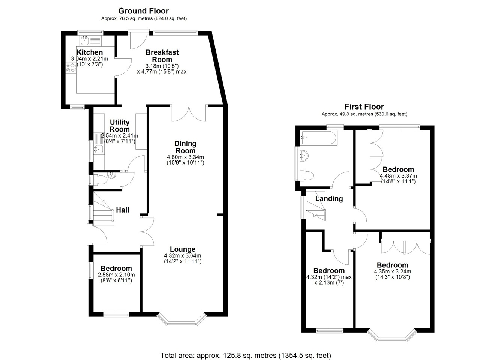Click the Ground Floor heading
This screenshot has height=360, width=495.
point(143,11)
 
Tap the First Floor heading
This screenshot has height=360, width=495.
point(364,107)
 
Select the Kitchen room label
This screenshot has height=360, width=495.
point(90,52)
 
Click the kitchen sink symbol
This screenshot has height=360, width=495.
point(85,41)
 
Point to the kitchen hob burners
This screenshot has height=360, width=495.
point(70,67)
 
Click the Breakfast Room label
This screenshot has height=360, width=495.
point(162,56)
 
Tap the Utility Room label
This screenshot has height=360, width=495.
point(120,126)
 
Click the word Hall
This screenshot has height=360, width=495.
point(123,210)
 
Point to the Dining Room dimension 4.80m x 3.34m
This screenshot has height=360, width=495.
point(185,157)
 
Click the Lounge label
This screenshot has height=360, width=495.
point(183,249)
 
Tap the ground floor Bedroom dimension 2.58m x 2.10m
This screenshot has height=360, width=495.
point(116,275)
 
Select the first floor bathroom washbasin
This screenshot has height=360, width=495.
point(304,155)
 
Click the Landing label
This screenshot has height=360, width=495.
point(329,199)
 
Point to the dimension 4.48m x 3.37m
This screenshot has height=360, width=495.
point(398,176)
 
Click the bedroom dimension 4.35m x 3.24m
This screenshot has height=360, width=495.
point(393,271)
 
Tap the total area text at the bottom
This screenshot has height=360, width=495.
point(246,355)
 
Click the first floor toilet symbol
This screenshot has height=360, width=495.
point(307,176)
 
